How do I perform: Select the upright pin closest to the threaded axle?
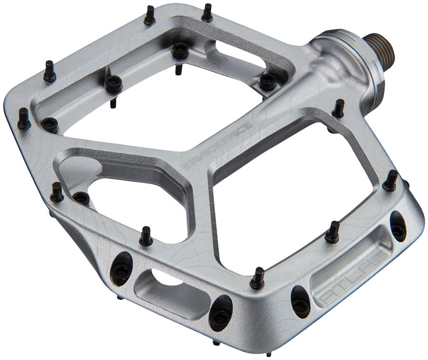point(338,108)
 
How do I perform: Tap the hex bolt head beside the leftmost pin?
point(50,125)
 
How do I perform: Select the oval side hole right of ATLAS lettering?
point(398,226)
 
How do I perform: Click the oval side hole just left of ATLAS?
point(301,301)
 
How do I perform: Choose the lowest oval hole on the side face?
point(221,313)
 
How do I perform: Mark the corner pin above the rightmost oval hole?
point(390,180)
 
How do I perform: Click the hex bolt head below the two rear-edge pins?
point(180,50)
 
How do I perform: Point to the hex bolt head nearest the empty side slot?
point(81,198)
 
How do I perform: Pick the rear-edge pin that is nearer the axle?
point(207,13)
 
